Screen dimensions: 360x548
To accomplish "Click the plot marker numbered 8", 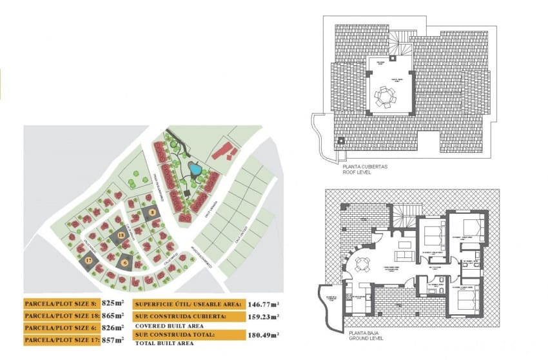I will (x=152, y=211).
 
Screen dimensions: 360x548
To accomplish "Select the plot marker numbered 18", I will (x=121, y=237).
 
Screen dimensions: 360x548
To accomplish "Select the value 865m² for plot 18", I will (x=113, y=315).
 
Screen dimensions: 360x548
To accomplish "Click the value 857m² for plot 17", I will (x=113, y=339).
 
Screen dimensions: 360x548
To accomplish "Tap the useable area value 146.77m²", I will (x=264, y=304).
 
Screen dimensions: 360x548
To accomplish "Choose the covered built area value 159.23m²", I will (x=264, y=317).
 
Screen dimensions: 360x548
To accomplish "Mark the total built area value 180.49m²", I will (x=264, y=335).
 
